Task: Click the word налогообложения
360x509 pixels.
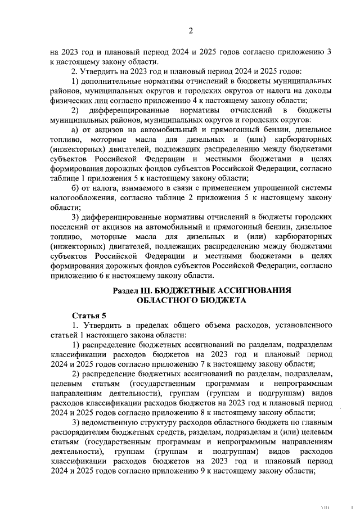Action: coord(82,197)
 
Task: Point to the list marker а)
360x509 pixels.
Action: coord(76,129)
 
